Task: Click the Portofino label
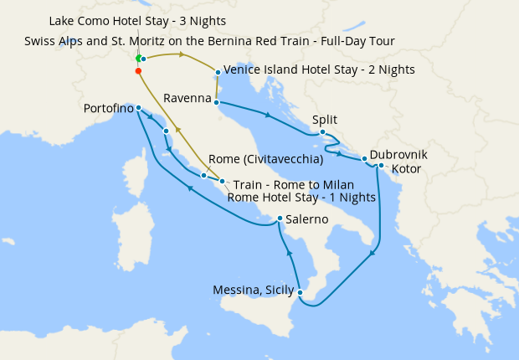tap(109, 109)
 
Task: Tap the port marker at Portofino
tap(138, 107)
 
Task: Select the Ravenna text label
tap(188, 99)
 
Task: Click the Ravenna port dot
tap(218, 103)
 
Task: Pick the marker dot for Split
tap(322, 131)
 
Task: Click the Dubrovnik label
tap(398, 155)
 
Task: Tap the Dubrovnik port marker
tap(364, 158)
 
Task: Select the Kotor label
tap(406, 168)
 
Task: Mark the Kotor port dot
tap(381, 165)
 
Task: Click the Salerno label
tap(311, 220)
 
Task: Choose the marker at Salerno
tap(280, 219)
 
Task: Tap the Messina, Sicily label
tap(252, 291)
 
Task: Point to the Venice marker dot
tap(218, 72)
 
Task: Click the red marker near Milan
tap(138, 71)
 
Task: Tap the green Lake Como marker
tap(138, 59)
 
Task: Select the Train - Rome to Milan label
tap(293, 184)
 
